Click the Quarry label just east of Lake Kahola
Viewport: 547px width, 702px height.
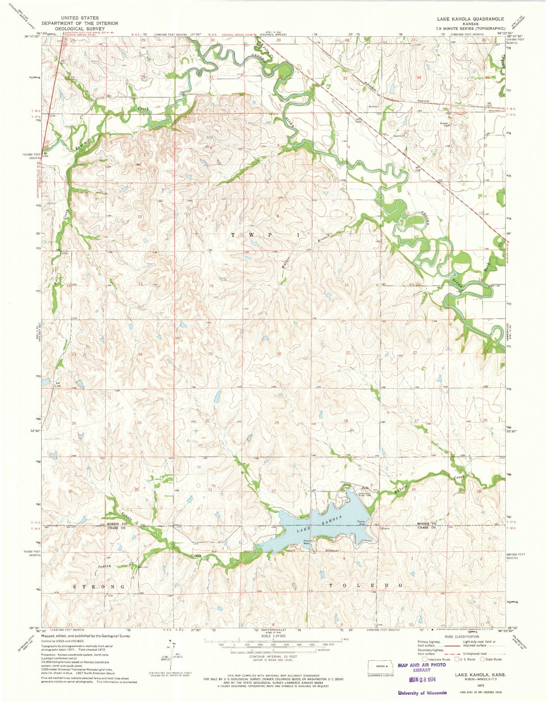click(386, 528)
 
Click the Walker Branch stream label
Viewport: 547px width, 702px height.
click(305, 250)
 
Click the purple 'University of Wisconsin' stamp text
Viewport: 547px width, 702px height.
click(422, 693)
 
